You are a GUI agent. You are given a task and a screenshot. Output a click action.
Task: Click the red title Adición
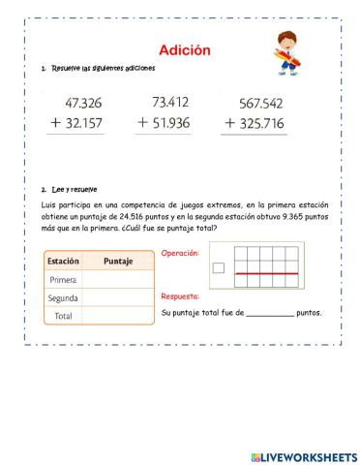[x=184, y=50]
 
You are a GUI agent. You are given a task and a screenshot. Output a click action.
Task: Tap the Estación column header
[x=63, y=262]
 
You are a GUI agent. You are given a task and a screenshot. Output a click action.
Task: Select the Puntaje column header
[x=117, y=262]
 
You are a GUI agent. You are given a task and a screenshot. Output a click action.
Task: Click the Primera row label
[x=63, y=280]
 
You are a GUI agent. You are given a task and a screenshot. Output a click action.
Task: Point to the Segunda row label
[x=63, y=297]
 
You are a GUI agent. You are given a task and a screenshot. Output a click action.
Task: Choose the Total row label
[x=63, y=315]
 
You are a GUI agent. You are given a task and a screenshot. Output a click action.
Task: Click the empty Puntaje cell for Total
[x=117, y=315]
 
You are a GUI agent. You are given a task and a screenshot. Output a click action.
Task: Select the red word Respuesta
[x=181, y=296]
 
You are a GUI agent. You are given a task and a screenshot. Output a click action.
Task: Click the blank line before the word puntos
[x=269, y=314]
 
